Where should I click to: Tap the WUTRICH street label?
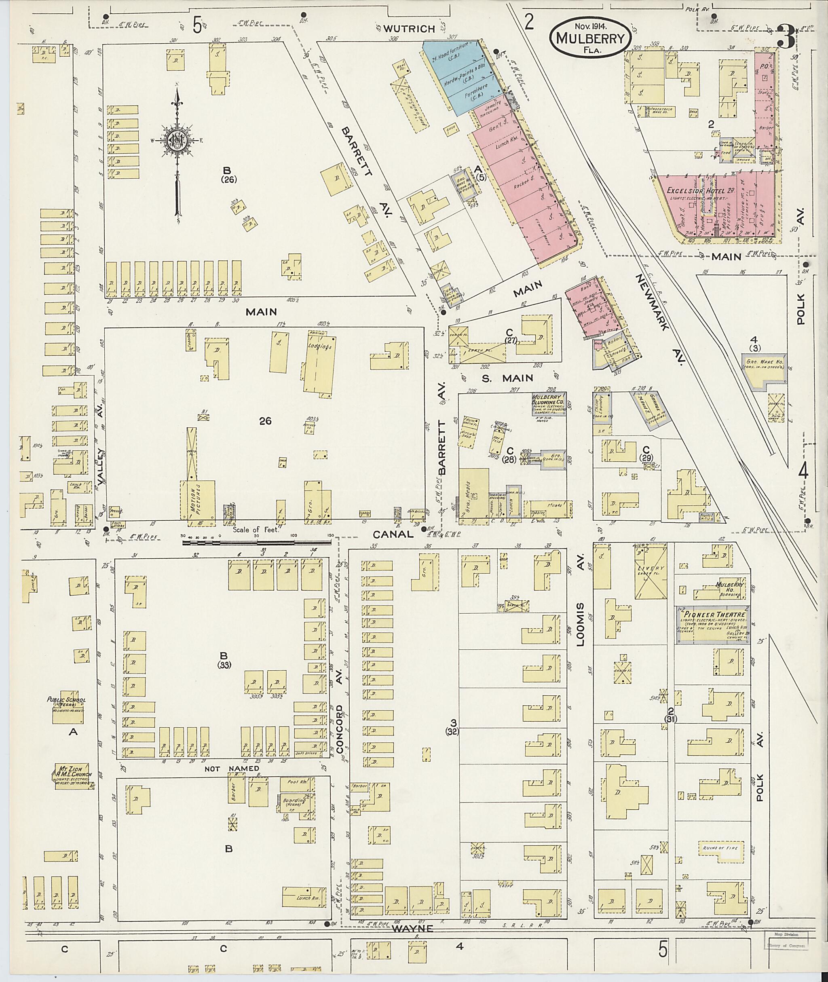409,29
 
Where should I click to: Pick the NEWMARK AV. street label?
661,319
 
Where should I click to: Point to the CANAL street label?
393,534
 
